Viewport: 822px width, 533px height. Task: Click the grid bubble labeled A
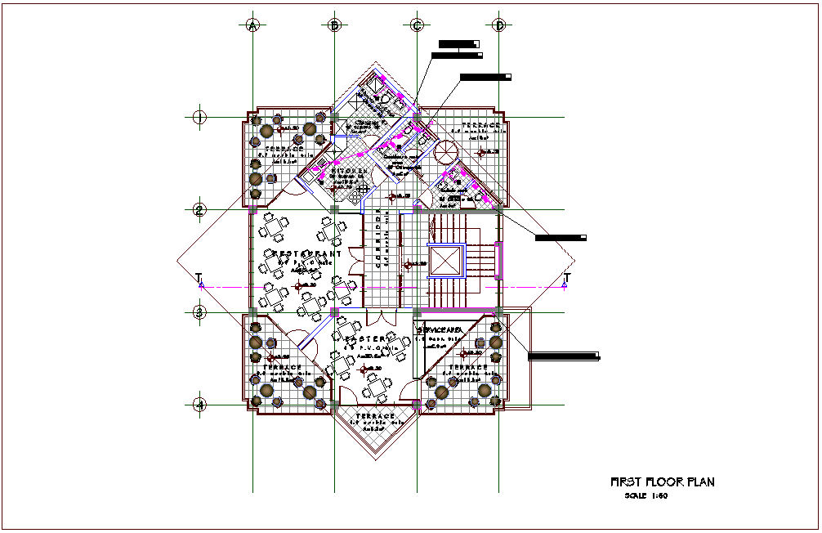(252, 25)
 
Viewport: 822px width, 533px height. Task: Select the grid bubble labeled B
(334, 25)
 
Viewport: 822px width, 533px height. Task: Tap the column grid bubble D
(499, 25)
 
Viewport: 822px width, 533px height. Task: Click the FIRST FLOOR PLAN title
(663, 482)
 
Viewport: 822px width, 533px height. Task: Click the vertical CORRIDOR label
(378, 241)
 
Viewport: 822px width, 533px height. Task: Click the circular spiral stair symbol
(446, 151)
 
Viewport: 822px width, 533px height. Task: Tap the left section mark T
(199, 280)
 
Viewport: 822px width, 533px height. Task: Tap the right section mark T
(565, 280)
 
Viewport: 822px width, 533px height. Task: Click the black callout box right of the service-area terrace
(564, 356)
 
